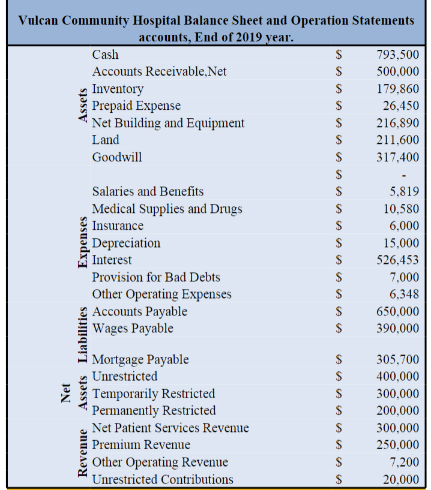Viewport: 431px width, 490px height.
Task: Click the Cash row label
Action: [x=105, y=55]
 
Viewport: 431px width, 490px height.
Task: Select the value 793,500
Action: [x=397, y=55]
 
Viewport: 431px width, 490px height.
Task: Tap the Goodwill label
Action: [x=116, y=157]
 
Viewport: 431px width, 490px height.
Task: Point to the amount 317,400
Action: [x=397, y=157]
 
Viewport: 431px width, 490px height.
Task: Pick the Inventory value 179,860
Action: [x=397, y=89]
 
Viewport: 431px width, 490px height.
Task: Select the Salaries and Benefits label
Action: [x=148, y=191]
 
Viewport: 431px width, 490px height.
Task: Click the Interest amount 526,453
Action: [x=397, y=260]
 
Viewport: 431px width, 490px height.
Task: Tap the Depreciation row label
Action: [x=126, y=243]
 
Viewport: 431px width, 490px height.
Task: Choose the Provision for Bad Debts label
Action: [x=155, y=277]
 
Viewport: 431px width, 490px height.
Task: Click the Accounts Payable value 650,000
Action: [x=397, y=311]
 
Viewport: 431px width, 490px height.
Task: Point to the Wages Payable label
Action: [x=132, y=328]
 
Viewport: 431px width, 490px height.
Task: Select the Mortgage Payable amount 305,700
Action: [x=397, y=360]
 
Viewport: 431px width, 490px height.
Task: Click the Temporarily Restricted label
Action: [x=153, y=393]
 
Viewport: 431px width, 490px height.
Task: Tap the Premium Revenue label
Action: [x=140, y=444]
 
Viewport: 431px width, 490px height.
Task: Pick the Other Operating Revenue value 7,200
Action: [x=402, y=462]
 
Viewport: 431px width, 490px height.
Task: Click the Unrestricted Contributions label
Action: [x=162, y=479]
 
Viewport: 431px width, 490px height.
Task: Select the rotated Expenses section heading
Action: [x=80, y=244]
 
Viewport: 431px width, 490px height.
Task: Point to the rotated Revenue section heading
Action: [x=80, y=454]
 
